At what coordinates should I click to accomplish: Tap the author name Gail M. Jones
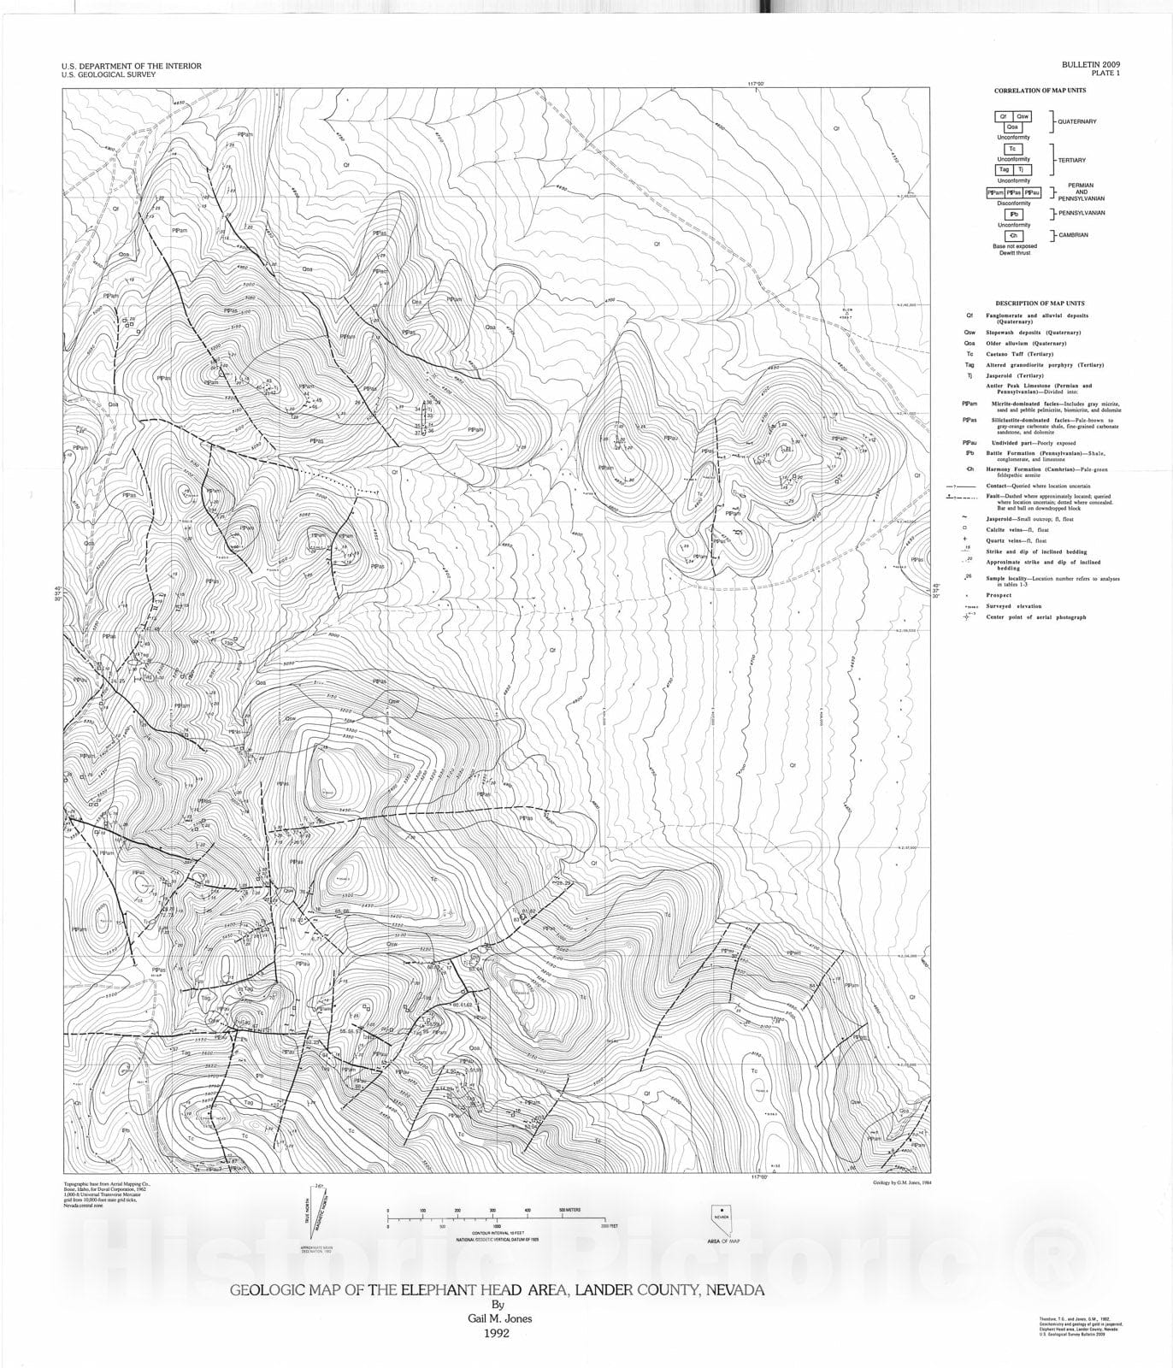(x=495, y=1318)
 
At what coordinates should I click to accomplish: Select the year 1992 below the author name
(x=496, y=1333)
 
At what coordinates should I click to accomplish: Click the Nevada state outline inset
(x=723, y=1217)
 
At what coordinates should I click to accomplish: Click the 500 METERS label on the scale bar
(x=570, y=1211)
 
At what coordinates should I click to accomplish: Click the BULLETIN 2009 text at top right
(x=1091, y=64)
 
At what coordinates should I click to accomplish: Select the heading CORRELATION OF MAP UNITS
(x=1039, y=91)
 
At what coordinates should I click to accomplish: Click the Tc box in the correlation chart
(x=1012, y=149)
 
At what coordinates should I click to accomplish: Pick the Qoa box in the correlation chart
(x=1012, y=127)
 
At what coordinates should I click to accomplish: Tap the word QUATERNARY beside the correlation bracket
(x=1076, y=121)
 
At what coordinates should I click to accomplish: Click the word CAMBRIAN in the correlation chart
(x=1073, y=235)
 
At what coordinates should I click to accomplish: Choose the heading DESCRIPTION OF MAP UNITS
(x=1040, y=304)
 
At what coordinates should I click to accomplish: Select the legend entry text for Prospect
(x=999, y=595)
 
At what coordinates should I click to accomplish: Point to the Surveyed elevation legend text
(x=1014, y=606)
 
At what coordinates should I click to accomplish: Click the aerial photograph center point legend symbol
(x=970, y=616)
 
